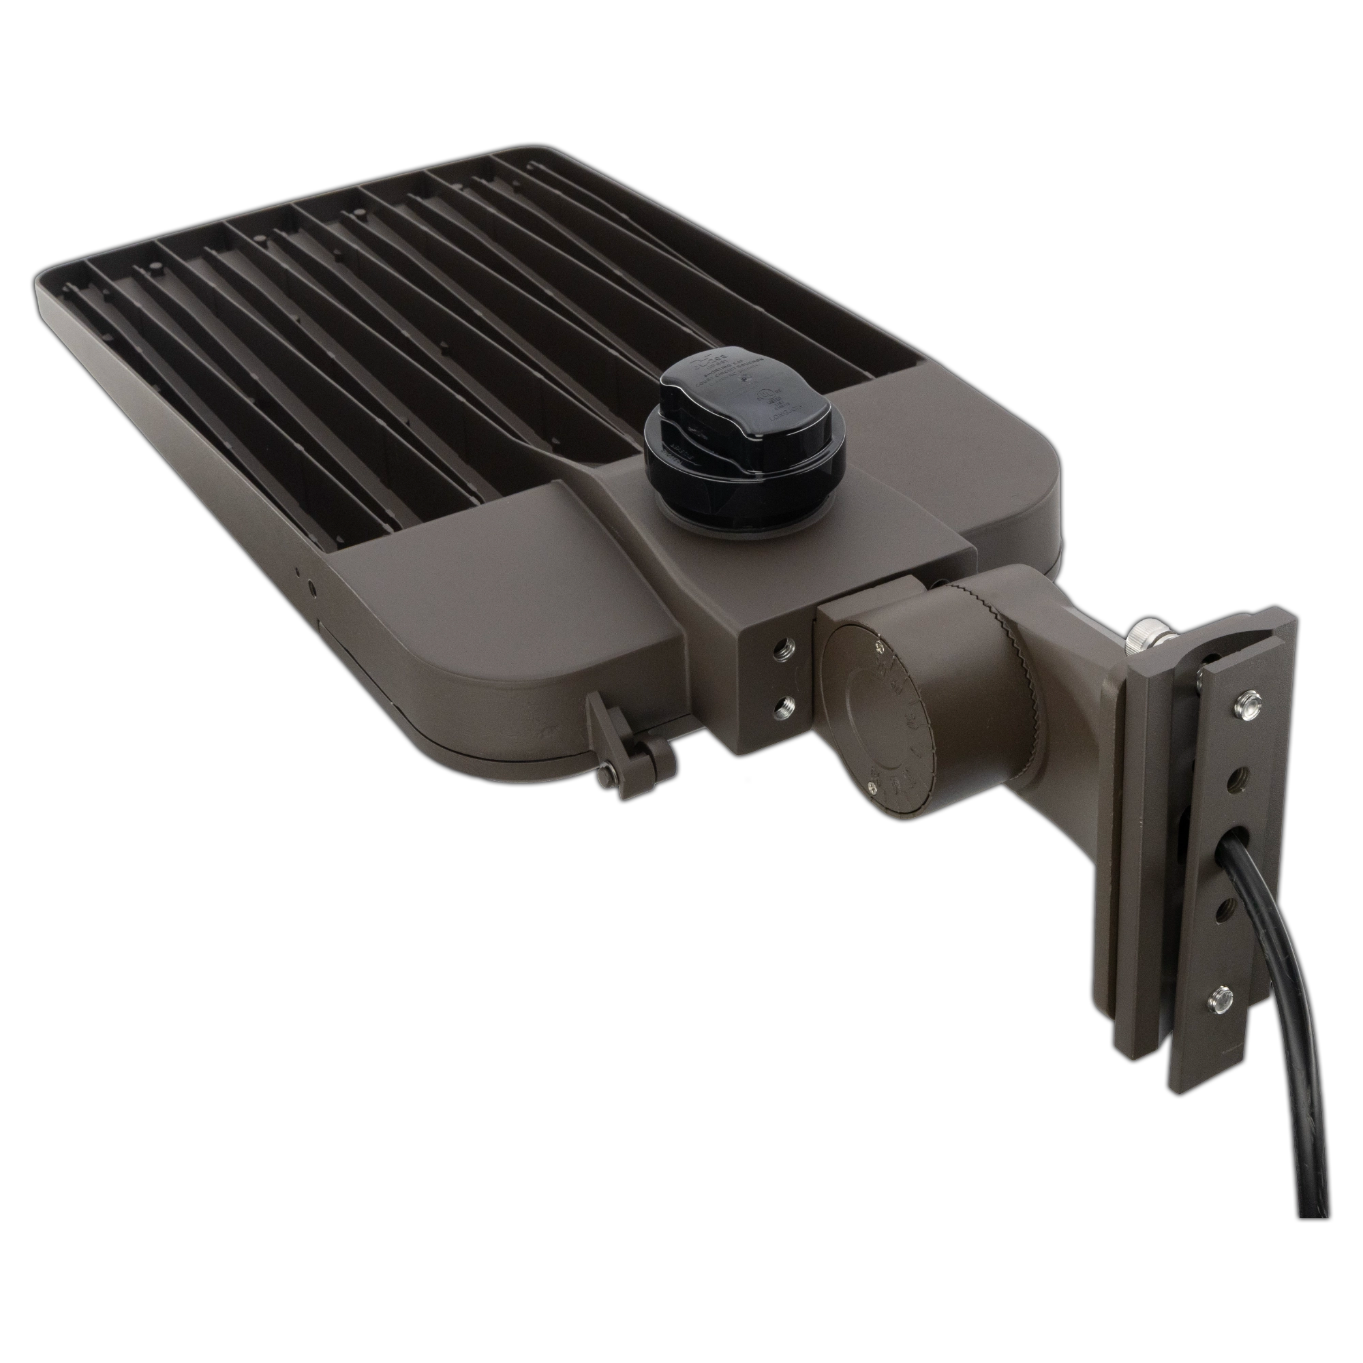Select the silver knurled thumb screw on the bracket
[1137, 640]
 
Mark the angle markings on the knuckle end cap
[910, 720]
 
